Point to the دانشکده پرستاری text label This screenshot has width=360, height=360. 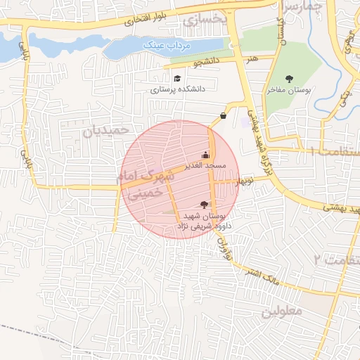[x=177, y=90]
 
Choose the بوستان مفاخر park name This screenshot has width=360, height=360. [x=289, y=91]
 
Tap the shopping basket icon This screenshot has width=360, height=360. [x=223, y=115]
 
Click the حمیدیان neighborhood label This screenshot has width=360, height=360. [x=106, y=131]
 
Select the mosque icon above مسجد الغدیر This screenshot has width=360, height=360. [x=205, y=155]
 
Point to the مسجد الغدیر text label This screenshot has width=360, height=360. [x=205, y=166]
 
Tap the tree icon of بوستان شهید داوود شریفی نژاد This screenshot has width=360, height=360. [x=204, y=204]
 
